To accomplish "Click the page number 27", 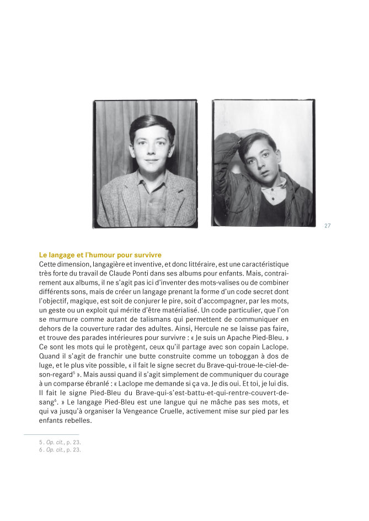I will (328, 225).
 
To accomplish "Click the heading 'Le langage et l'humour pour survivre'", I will (100, 255).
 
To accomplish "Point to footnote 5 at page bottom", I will (60, 443).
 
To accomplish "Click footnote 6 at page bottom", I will (60, 450).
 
